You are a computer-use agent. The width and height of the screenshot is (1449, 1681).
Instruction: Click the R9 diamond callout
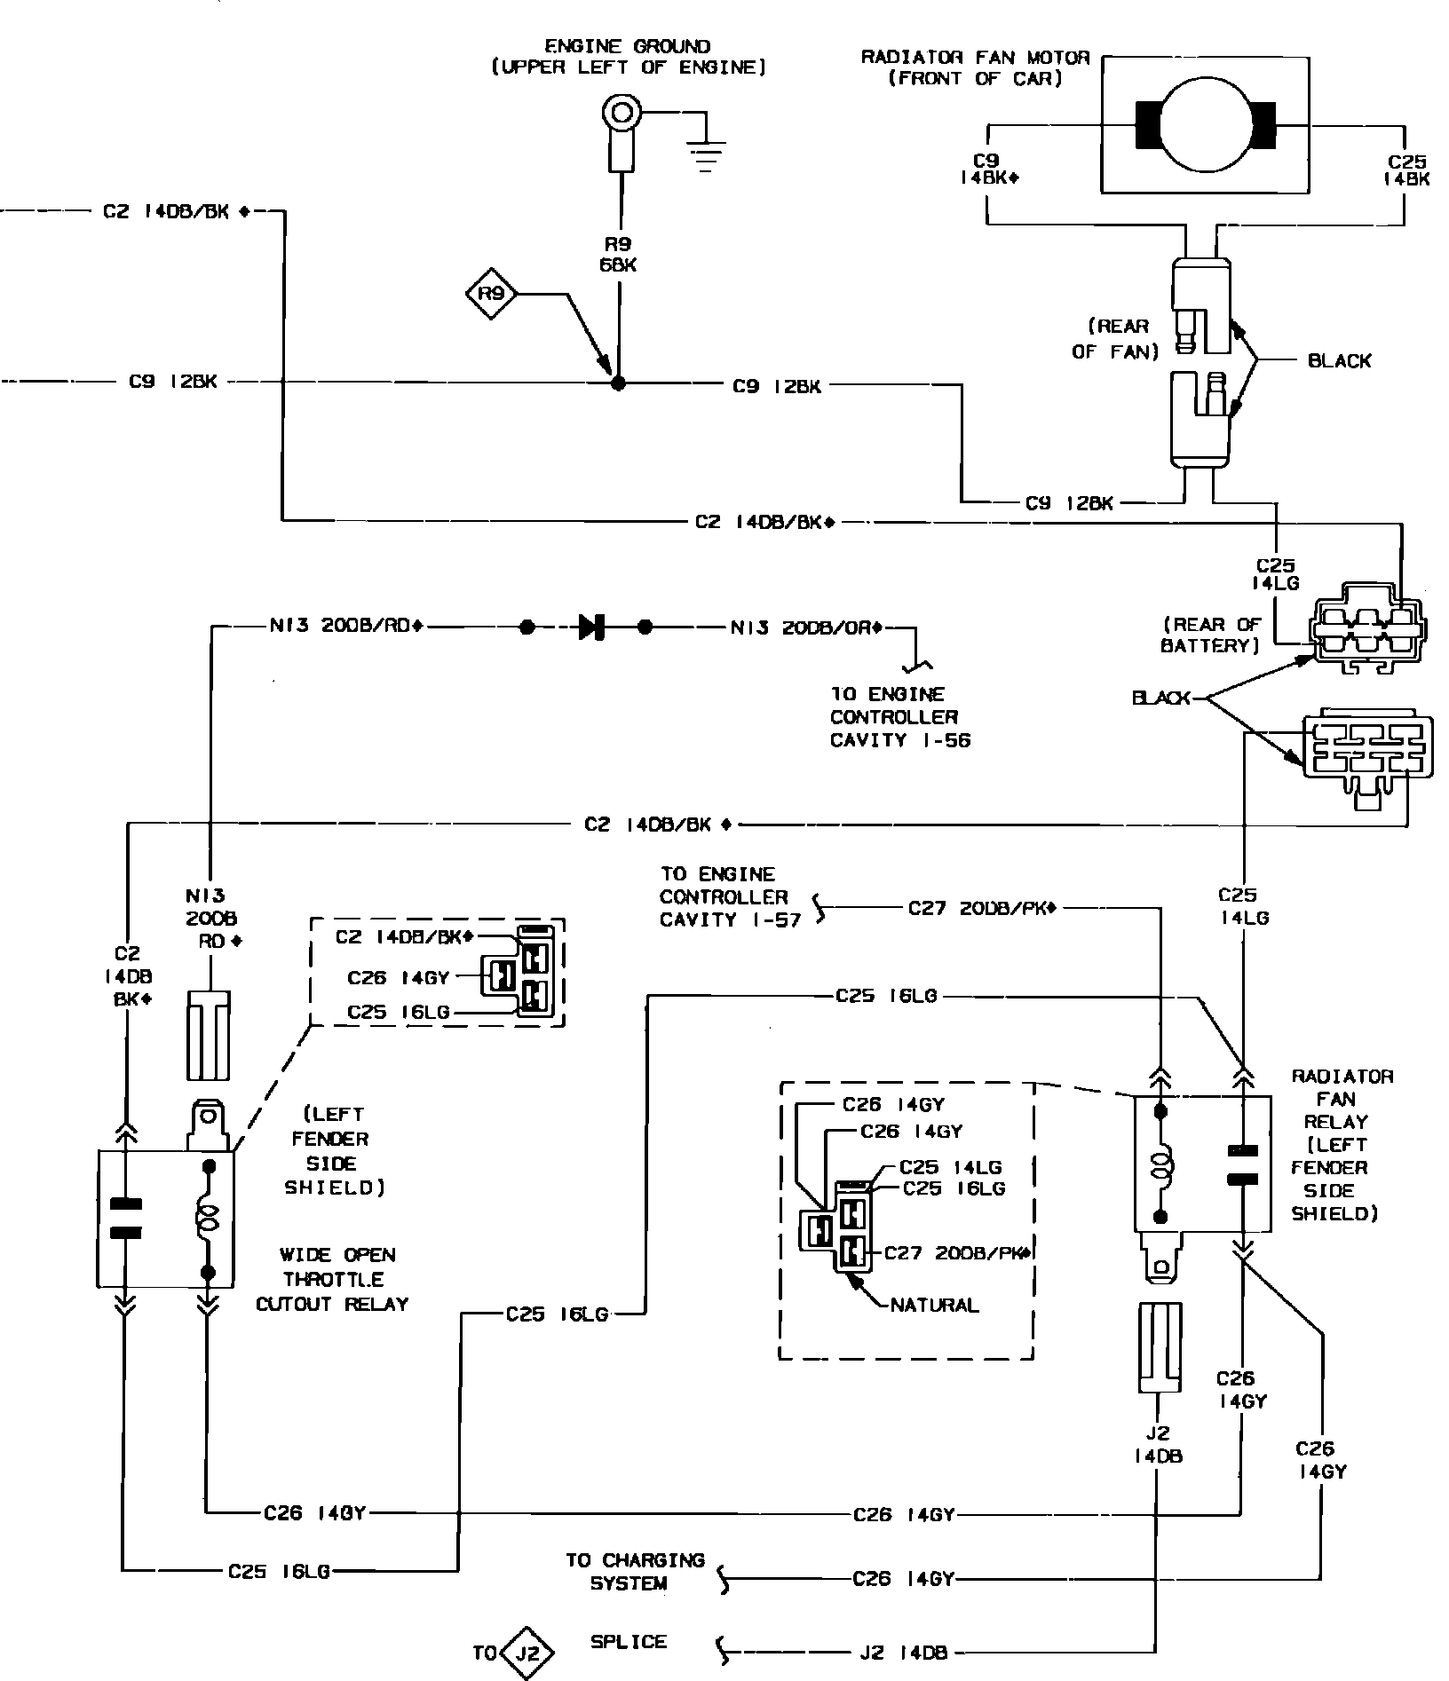pyautogui.click(x=491, y=293)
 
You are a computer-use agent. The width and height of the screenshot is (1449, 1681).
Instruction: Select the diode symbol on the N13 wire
pyautogui.click(x=590, y=627)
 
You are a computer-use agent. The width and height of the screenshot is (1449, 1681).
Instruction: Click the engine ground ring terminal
pyautogui.click(x=620, y=114)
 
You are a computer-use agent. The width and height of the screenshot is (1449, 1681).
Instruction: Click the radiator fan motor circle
pyautogui.click(x=1205, y=123)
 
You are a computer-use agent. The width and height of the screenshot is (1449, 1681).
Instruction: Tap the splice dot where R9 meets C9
pyautogui.click(x=619, y=383)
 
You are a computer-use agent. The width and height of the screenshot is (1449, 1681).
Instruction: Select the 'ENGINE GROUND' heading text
pyautogui.click(x=627, y=46)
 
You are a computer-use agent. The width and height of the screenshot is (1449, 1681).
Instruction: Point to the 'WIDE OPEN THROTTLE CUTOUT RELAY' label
pyautogui.click(x=332, y=1279)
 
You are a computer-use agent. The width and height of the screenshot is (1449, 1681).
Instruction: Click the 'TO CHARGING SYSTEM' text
pyautogui.click(x=635, y=1571)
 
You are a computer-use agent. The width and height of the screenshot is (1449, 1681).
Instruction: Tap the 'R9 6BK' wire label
pyautogui.click(x=618, y=254)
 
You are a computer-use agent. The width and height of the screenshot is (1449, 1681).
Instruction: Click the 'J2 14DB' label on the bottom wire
pyautogui.click(x=903, y=1653)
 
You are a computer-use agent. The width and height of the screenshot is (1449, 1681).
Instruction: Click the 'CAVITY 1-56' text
pyautogui.click(x=900, y=740)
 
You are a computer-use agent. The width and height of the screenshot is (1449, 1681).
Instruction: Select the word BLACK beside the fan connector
pyautogui.click(x=1339, y=360)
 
